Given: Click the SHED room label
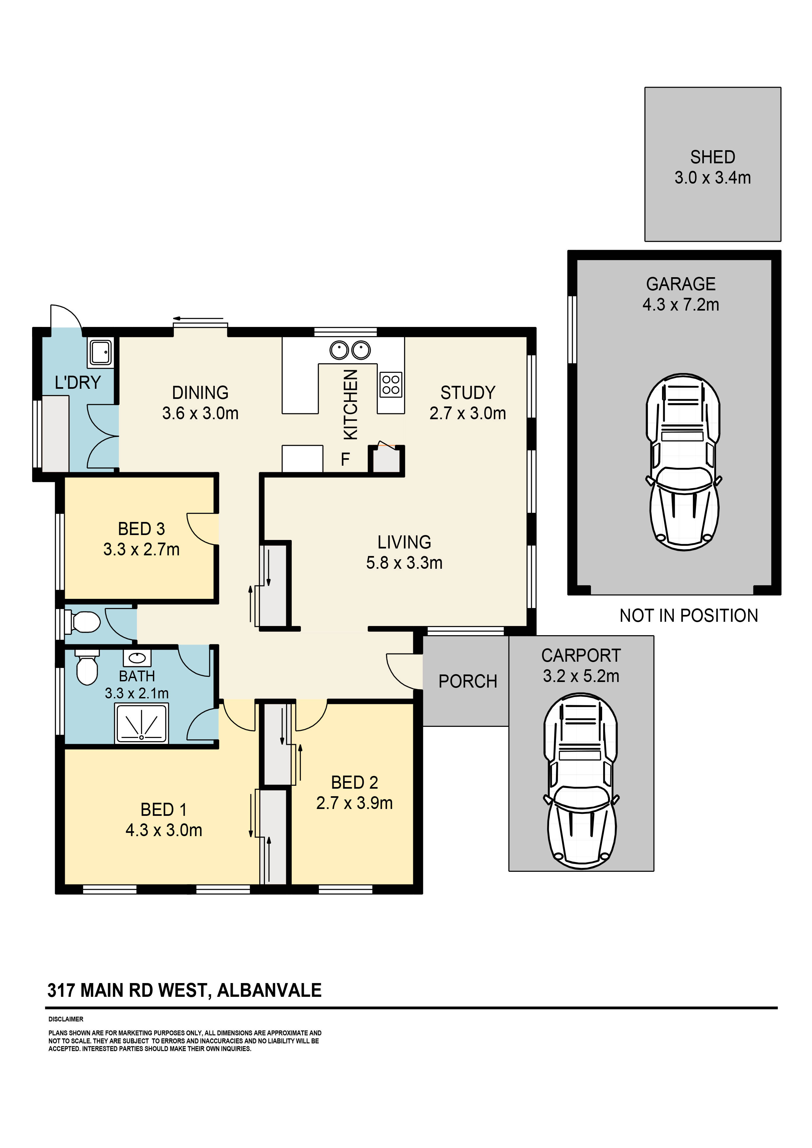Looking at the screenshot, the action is click(712, 157).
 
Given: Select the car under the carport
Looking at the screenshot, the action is click(581, 781).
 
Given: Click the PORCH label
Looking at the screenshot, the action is click(468, 681).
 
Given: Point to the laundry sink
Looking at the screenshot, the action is click(101, 352).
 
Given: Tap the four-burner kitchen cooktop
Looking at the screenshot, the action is click(391, 385).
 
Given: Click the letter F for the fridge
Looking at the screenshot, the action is click(345, 459).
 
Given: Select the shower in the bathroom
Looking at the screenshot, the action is click(141, 723).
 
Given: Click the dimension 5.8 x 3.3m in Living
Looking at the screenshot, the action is click(404, 563).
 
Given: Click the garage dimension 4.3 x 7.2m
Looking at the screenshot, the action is click(681, 304).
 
